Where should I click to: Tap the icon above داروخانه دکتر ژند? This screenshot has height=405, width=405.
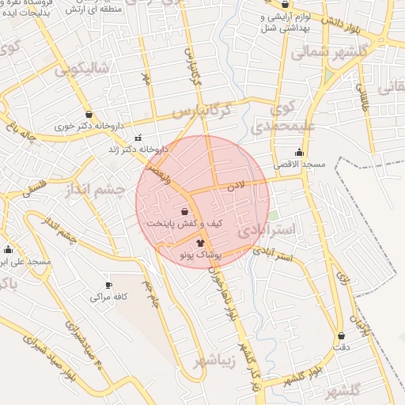[138, 136]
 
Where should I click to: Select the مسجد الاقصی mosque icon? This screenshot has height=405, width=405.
[299, 153]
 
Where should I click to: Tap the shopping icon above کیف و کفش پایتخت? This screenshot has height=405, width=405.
[184, 212]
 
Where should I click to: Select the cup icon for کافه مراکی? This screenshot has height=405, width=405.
[108, 286]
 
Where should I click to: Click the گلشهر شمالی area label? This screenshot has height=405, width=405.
[320, 52]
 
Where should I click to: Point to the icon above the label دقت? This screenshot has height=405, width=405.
[341, 335]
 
